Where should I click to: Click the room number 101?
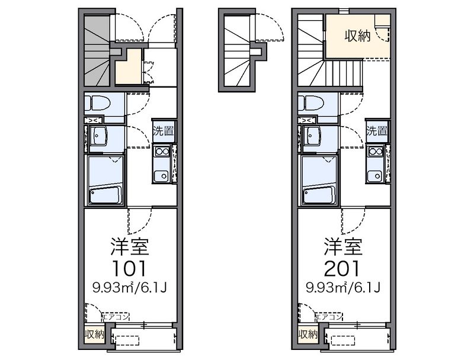click(129, 268)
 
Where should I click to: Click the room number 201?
click(342, 268)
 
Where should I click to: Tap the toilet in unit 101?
click(97, 104)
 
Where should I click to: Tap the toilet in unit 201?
click(310, 104)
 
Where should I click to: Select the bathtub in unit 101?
click(105, 195)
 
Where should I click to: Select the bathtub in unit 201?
click(319, 195)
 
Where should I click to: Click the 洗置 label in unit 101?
click(164, 131)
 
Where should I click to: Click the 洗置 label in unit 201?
click(377, 131)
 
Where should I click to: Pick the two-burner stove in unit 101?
click(162, 151)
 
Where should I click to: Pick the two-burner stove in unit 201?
click(376, 151)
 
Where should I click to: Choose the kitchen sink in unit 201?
click(375, 176)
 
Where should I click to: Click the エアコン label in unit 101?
click(116, 317)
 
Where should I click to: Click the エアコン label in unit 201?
click(329, 317)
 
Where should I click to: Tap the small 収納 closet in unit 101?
click(94, 335)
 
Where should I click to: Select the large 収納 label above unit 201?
click(358, 37)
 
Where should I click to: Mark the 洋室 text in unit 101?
click(130, 247)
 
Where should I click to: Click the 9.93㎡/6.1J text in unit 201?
click(343, 288)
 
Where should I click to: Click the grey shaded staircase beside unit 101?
click(97, 50)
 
